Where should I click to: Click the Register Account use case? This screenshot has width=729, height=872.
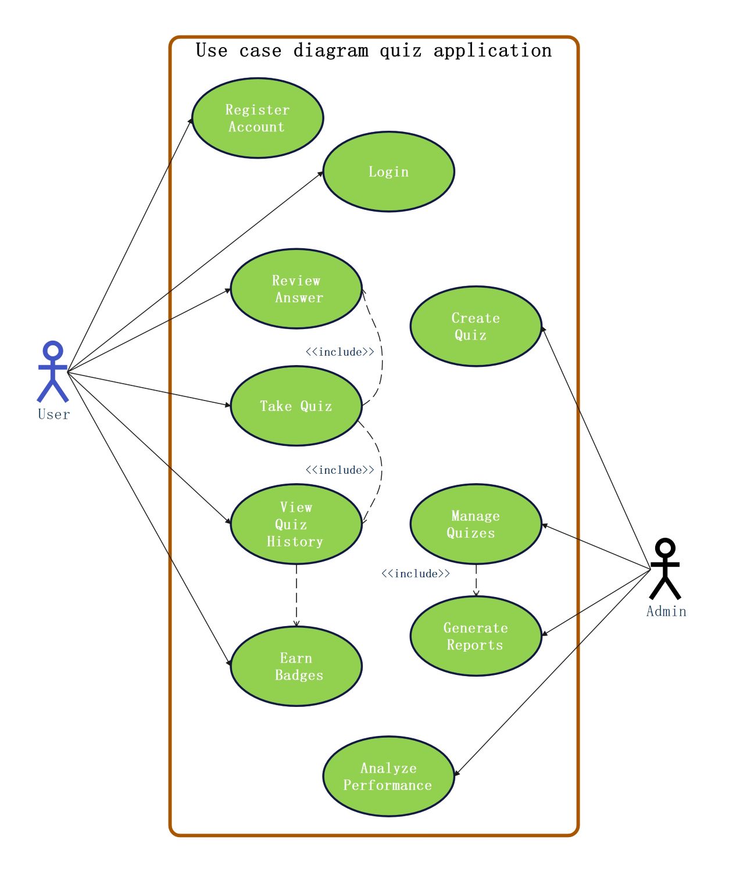click(x=258, y=118)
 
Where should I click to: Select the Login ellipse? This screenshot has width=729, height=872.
click(x=388, y=171)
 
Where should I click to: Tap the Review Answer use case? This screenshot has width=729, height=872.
click(x=296, y=289)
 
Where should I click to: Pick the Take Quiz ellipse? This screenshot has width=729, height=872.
click(x=296, y=406)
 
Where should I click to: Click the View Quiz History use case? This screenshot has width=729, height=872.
click(x=296, y=524)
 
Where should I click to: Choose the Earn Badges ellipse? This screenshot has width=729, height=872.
click(x=296, y=666)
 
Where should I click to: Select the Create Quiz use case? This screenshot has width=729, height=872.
click(x=476, y=326)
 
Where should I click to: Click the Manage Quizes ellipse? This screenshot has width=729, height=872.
click(x=476, y=524)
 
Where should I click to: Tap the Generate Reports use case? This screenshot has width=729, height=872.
click(x=476, y=636)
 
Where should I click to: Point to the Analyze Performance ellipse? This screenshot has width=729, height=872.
click(x=388, y=776)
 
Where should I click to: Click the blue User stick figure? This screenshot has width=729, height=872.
click(x=53, y=372)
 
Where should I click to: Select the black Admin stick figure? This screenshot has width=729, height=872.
click(x=665, y=569)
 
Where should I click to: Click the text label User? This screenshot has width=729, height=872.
click(x=53, y=414)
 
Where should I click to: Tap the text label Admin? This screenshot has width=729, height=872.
click(x=666, y=612)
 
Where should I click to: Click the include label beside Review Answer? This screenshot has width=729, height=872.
click(x=340, y=352)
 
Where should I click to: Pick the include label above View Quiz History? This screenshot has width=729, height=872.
click(x=340, y=470)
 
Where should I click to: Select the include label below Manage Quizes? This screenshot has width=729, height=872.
click(x=415, y=574)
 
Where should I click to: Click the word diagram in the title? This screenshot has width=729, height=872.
click(x=331, y=51)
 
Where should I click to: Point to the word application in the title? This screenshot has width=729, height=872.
click(x=492, y=51)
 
